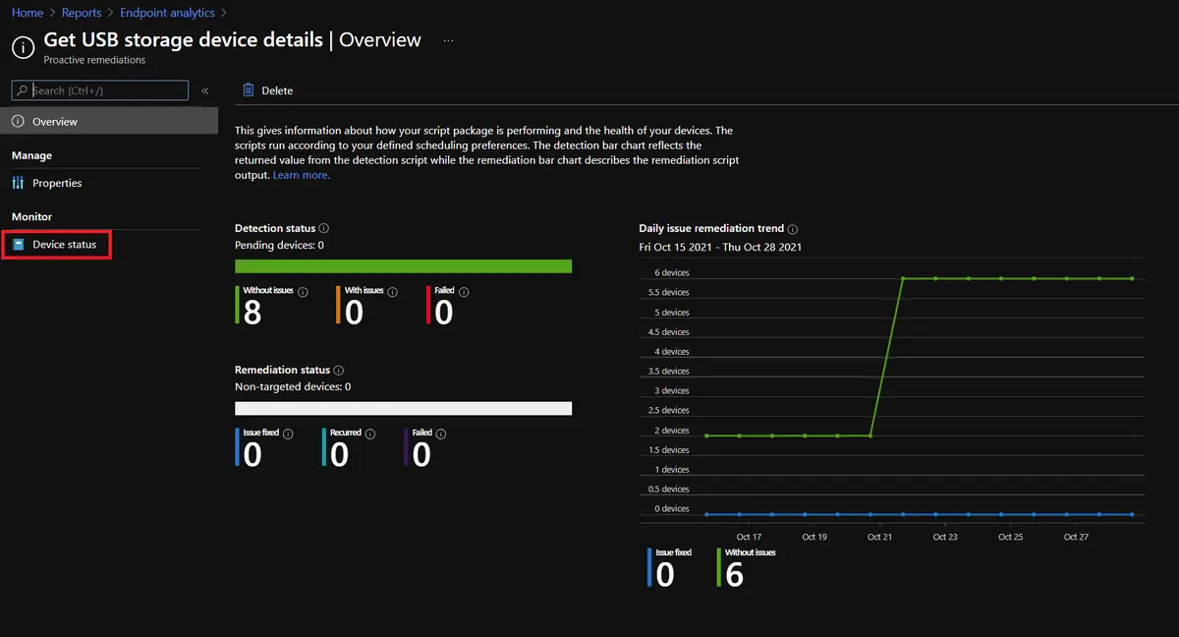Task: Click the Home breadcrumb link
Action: [28, 13]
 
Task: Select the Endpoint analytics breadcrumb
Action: [167, 13]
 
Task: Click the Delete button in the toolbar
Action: [268, 90]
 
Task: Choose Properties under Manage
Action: [57, 183]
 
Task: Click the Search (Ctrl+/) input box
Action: [108, 90]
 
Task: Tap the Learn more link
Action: [302, 175]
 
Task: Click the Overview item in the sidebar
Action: [55, 122]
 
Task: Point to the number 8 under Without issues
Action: [253, 312]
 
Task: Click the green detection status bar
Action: [403, 266]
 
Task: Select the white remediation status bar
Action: [403, 408]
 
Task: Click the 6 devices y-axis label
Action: [671, 273]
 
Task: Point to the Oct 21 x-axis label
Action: [880, 537]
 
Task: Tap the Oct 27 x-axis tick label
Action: [1076, 537]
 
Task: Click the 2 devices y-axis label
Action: [671, 431]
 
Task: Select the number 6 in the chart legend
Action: [735, 574]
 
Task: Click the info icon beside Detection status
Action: [324, 228]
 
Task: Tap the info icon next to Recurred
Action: [371, 434]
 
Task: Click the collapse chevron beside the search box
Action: [205, 90]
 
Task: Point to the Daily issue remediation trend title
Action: [711, 228]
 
